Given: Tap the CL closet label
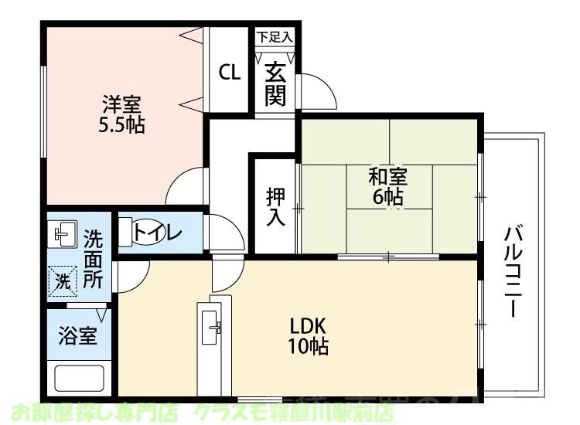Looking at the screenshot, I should pyautogui.click(x=230, y=72).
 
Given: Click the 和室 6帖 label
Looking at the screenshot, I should pyautogui.click(x=387, y=186).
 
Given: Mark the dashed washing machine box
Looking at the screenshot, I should pyautogui.click(x=63, y=280).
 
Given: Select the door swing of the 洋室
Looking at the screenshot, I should pyautogui.click(x=186, y=183).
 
